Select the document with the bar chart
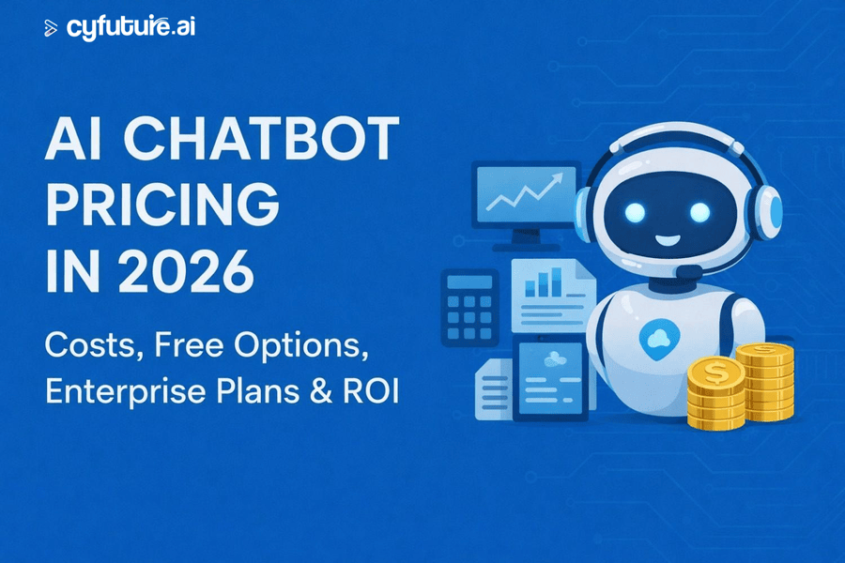pos(552,296)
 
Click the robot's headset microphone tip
pos(688,270)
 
